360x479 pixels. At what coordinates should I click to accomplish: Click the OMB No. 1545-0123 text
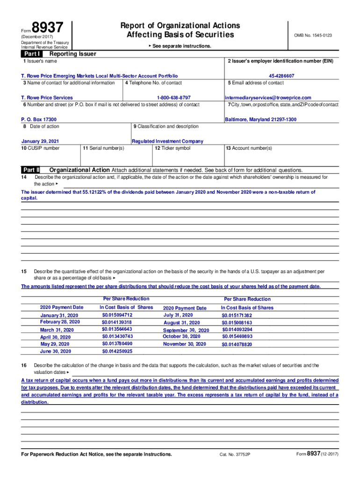click(x=313, y=36)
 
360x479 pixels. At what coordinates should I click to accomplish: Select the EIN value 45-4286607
click(x=281, y=76)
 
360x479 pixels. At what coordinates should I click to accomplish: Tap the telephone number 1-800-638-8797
click(x=173, y=98)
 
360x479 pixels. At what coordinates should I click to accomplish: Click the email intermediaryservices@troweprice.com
click(x=268, y=98)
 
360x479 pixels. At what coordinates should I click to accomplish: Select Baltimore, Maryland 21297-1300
click(x=260, y=120)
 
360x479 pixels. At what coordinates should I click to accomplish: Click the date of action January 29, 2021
click(x=40, y=141)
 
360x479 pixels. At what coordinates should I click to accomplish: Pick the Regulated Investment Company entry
click(x=167, y=141)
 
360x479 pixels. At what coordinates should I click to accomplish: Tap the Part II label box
click(x=31, y=170)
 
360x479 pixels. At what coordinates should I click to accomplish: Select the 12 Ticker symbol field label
click(x=173, y=148)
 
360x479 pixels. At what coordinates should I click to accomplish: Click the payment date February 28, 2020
click(x=60, y=322)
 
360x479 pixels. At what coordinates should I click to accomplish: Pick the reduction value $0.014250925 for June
click(x=117, y=351)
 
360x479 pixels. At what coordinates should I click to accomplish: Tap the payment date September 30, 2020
click(x=186, y=330)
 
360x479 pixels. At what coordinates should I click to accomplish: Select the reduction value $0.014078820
click(x=237, y=344)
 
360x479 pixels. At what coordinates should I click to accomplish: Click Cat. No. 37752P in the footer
click(x=235, y=455)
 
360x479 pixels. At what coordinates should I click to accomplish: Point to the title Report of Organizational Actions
click(x=180, y=25)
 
